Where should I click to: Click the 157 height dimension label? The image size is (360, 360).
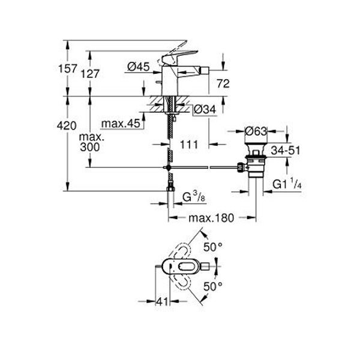tap(67, 68)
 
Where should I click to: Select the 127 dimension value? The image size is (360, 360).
tap(90, 74)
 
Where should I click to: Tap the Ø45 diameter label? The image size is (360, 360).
tap(139, 67)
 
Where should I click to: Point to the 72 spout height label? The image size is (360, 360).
tap(223, 83)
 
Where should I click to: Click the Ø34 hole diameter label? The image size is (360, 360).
tap(205, 109)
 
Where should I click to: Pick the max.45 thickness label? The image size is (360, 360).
tap(121, 124)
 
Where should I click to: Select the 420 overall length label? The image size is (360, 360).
tap(67, 126)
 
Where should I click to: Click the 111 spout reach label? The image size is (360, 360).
tap(189, 145)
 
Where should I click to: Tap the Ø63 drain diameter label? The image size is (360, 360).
tap(256, 131)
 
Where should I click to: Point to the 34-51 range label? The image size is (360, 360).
tap(286, 151)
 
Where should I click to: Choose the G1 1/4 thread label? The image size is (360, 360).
tap(287, 184)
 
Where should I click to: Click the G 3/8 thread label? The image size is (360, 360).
tap(194, 197)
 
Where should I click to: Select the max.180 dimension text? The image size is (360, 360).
tap(211, 218)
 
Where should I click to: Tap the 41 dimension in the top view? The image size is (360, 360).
tap(163, 301)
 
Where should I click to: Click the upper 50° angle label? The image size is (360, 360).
tap(213, 247)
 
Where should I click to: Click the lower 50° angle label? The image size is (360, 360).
tap(213, 286)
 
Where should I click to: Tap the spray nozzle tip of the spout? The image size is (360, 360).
tap(205, 69)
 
